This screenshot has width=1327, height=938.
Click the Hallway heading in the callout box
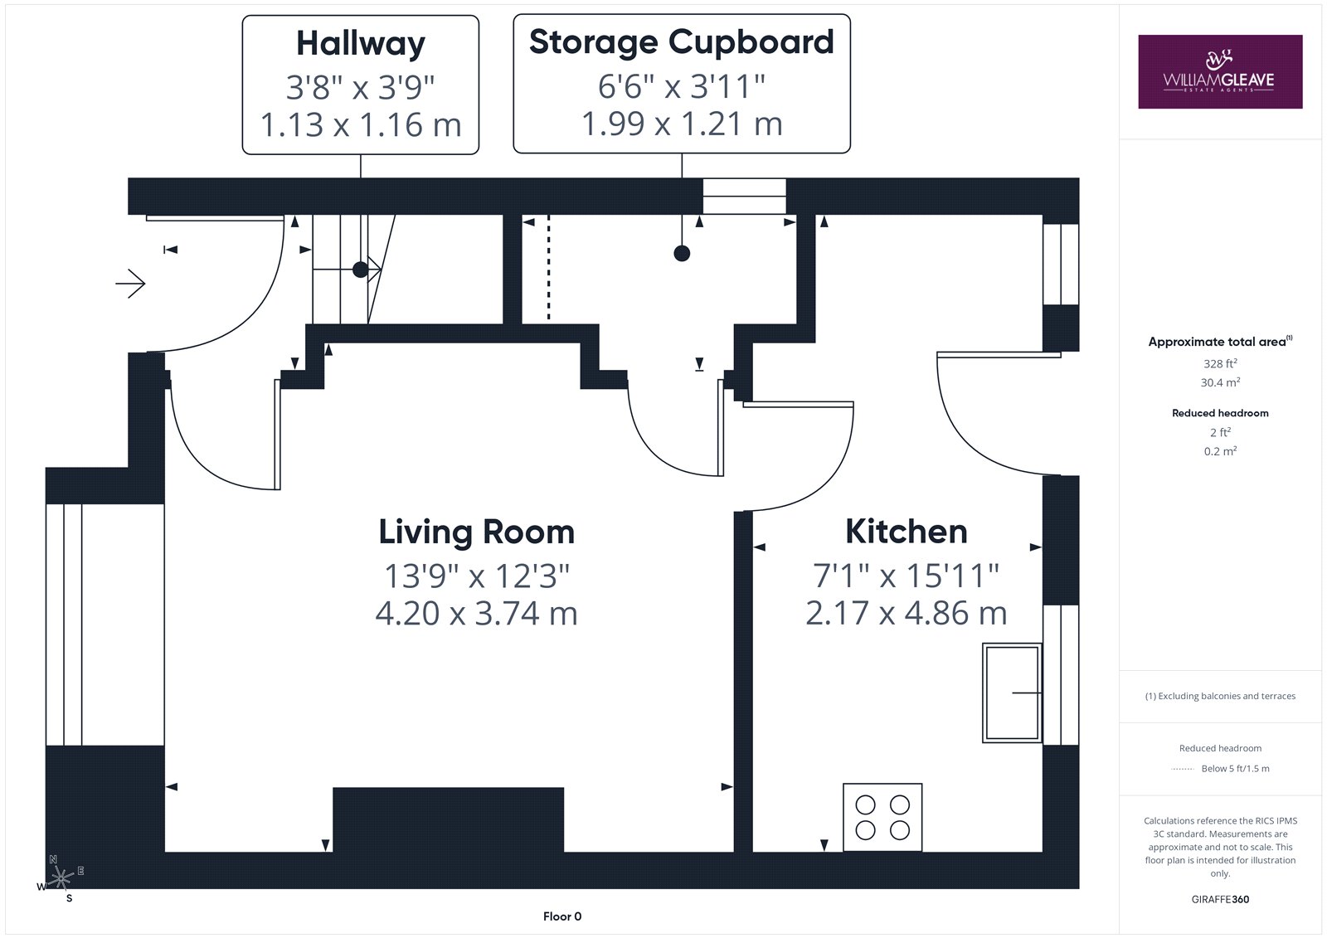[361, 44]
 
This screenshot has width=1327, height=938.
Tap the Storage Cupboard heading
[681, 42]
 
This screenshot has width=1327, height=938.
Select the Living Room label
[477, 532]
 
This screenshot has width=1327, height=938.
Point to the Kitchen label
[907, 531]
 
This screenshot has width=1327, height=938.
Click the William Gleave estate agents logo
[1220, 71]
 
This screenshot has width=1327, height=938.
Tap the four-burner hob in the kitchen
[882, 817]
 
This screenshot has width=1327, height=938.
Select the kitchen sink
[1012, 693]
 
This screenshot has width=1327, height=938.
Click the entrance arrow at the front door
[130, 284]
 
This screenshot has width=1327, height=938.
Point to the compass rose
[61, 878]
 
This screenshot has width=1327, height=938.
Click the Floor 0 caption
[562, 916]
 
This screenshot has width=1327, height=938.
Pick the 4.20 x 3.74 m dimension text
[477, 613]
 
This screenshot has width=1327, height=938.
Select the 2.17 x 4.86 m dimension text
[907, 613]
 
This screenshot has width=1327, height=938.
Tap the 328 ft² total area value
[1220, 364]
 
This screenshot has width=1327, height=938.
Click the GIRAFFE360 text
[1220, 899]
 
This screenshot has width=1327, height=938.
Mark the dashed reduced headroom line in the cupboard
[548, 268]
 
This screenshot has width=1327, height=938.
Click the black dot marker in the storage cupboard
[682, 254]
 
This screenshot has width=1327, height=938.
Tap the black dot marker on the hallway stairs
[360, 270]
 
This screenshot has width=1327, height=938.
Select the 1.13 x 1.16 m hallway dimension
[361, 125]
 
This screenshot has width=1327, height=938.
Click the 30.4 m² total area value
[1220, 383]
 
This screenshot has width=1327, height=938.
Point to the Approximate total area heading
[1220, 342]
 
